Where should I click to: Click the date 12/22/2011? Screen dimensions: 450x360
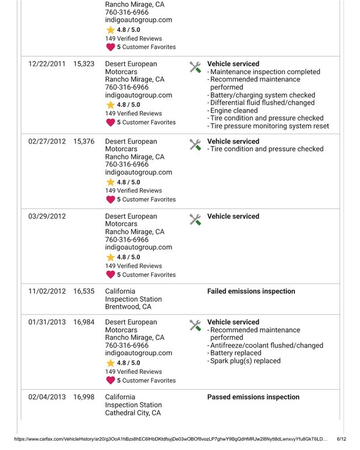(x=47, y=64)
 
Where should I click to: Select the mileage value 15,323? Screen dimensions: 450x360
(x=84, y=64)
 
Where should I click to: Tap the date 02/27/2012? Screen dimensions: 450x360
(x=47, y=141)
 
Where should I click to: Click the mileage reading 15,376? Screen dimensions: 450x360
(x=84, y=141)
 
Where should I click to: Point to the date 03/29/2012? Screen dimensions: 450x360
(x=47, y=216)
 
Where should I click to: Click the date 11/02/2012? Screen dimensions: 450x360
(x=47, y=291)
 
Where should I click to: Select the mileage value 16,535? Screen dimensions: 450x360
(x=84, y=291)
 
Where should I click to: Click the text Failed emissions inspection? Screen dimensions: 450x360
(x=251, y=291)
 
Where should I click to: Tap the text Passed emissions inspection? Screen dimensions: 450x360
(x=253, y=397)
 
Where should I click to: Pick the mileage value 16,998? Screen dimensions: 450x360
(x=84, y=397)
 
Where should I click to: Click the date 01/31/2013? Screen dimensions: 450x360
(x=47, y=322)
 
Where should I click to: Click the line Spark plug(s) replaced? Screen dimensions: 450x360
(x=245, y=361)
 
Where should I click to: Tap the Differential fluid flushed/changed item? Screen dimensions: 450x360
(x=263, y=103)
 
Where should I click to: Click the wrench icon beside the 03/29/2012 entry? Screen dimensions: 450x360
(x=196, y=219)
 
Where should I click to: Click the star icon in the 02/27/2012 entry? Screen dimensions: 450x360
(x=111, y=182)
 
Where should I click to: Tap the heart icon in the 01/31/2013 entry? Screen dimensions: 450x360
(x=111, y=380)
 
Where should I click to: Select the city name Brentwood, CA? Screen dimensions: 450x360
(x=128, y=306)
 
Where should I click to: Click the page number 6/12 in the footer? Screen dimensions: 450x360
(x=343, y=439)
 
